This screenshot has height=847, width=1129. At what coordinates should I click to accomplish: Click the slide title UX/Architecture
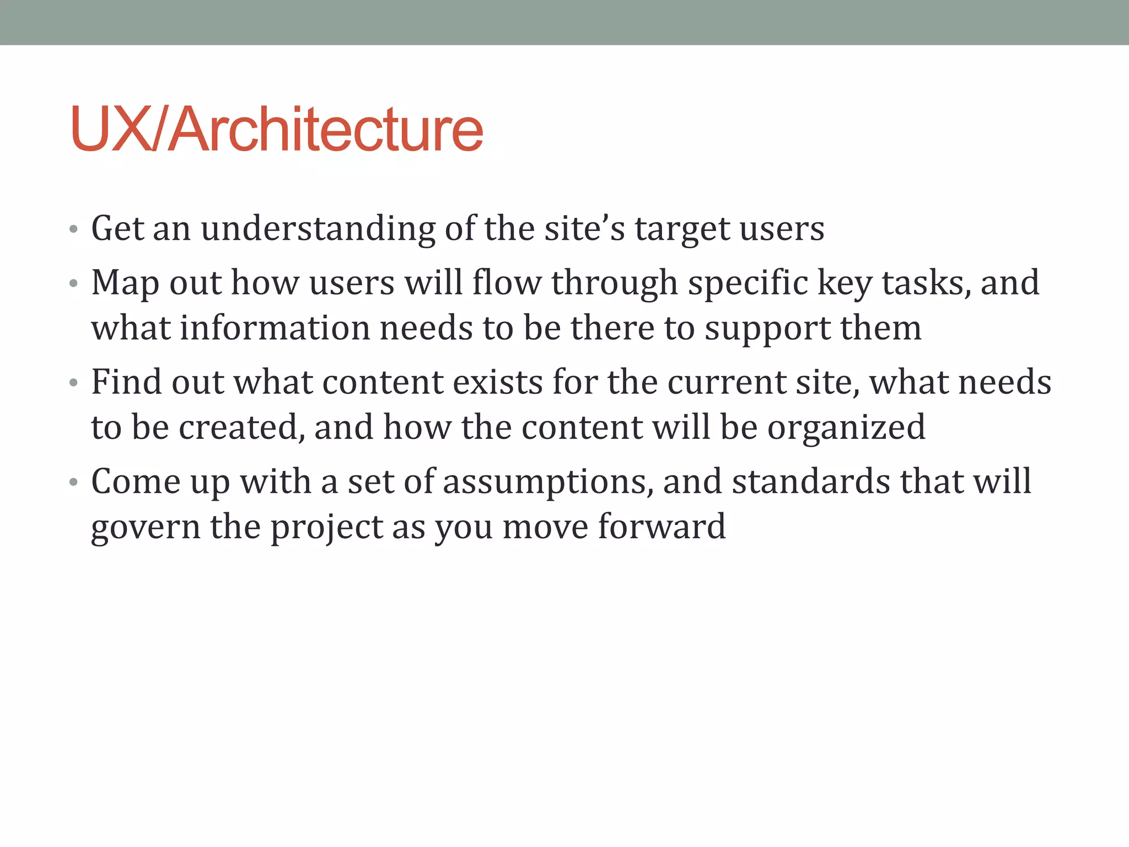[x=277, y=129]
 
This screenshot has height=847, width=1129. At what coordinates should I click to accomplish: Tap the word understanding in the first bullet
[x=318, y=229]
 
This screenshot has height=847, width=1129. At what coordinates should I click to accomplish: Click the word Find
[x=126, y=382]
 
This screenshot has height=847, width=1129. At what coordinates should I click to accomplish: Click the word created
[x=241, y=427]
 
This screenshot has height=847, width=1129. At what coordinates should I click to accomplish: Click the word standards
[x=810, y=481]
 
